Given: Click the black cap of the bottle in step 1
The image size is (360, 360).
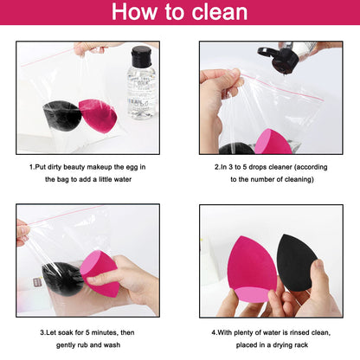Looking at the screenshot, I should click(x=140, y=54).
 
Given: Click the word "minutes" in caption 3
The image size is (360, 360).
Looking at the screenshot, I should click(x=100, y=330).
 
